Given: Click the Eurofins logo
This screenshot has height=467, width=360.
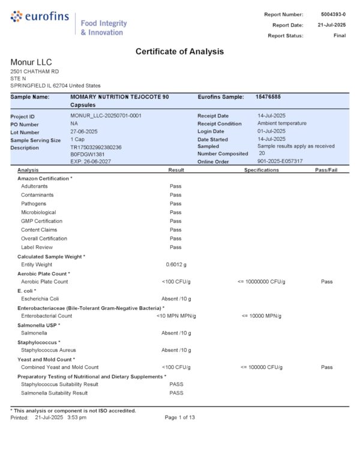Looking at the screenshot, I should point(40,17).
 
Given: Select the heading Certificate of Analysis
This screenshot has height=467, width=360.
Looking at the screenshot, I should point(179,52).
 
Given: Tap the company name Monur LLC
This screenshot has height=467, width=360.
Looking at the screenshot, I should point(31,62).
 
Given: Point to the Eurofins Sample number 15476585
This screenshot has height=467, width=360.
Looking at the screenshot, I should point(268,97).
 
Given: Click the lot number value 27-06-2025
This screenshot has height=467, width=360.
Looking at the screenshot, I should point(83,131).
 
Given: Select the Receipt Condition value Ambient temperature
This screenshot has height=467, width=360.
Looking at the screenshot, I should point(281,123).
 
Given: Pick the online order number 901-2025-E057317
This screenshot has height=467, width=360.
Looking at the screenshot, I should point(280,161).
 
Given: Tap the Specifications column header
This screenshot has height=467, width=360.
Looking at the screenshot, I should point(261,170).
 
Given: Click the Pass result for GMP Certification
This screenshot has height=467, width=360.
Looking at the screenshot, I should point(175,221).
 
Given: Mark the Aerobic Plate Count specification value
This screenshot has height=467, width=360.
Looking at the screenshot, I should point(261,281).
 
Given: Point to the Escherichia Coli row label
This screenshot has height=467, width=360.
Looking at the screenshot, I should point(40,299).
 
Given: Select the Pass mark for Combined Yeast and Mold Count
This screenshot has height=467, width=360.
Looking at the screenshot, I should point(326,367).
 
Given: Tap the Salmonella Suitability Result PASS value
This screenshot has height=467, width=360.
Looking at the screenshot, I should point(176,393).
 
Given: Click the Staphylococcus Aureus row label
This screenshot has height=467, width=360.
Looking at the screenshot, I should point(48,350).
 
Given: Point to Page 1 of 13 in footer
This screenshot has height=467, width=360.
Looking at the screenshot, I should point(179,417).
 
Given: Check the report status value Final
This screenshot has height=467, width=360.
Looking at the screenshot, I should point(339,35).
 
